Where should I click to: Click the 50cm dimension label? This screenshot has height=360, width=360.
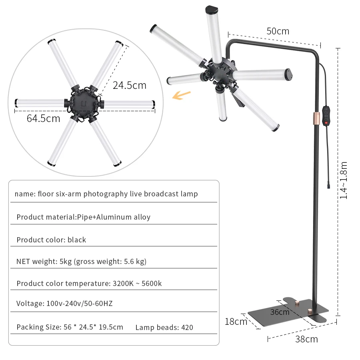click(278, 31)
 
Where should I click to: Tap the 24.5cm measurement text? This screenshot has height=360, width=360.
click(129, 85)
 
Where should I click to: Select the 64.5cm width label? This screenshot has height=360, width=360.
click(43, 118)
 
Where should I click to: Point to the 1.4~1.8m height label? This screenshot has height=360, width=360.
click(344, 180)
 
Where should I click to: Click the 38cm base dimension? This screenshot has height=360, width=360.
click(306, 339)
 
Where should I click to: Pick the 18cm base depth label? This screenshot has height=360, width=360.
click(235, 321)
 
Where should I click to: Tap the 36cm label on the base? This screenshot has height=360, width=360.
click(280, 312)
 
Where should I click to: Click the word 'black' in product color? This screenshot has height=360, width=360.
click(77, 240)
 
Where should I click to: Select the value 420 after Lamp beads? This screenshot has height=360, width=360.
click(187, 328)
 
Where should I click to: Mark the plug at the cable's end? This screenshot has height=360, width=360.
click(328, 185)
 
